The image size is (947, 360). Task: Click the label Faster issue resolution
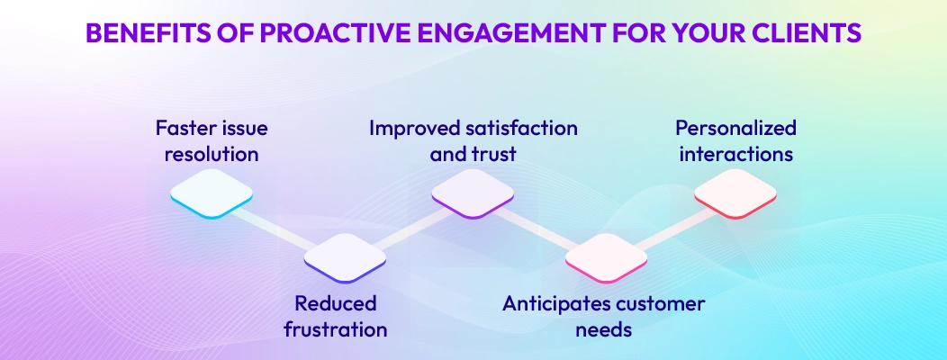pos(212,141)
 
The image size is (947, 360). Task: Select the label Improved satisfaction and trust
pos(473,141)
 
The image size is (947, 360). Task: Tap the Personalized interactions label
pos(736,141)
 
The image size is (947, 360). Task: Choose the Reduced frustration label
pos(335,316)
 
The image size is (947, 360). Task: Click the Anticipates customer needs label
pos(603,316)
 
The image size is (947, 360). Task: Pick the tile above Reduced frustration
pos(345,257)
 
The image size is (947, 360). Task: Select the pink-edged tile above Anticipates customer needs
pos(606,257)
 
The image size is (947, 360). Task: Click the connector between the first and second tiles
pos(278,228)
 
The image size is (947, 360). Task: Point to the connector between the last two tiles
pos(671,226)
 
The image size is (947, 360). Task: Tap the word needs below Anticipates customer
pos(603,328)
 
